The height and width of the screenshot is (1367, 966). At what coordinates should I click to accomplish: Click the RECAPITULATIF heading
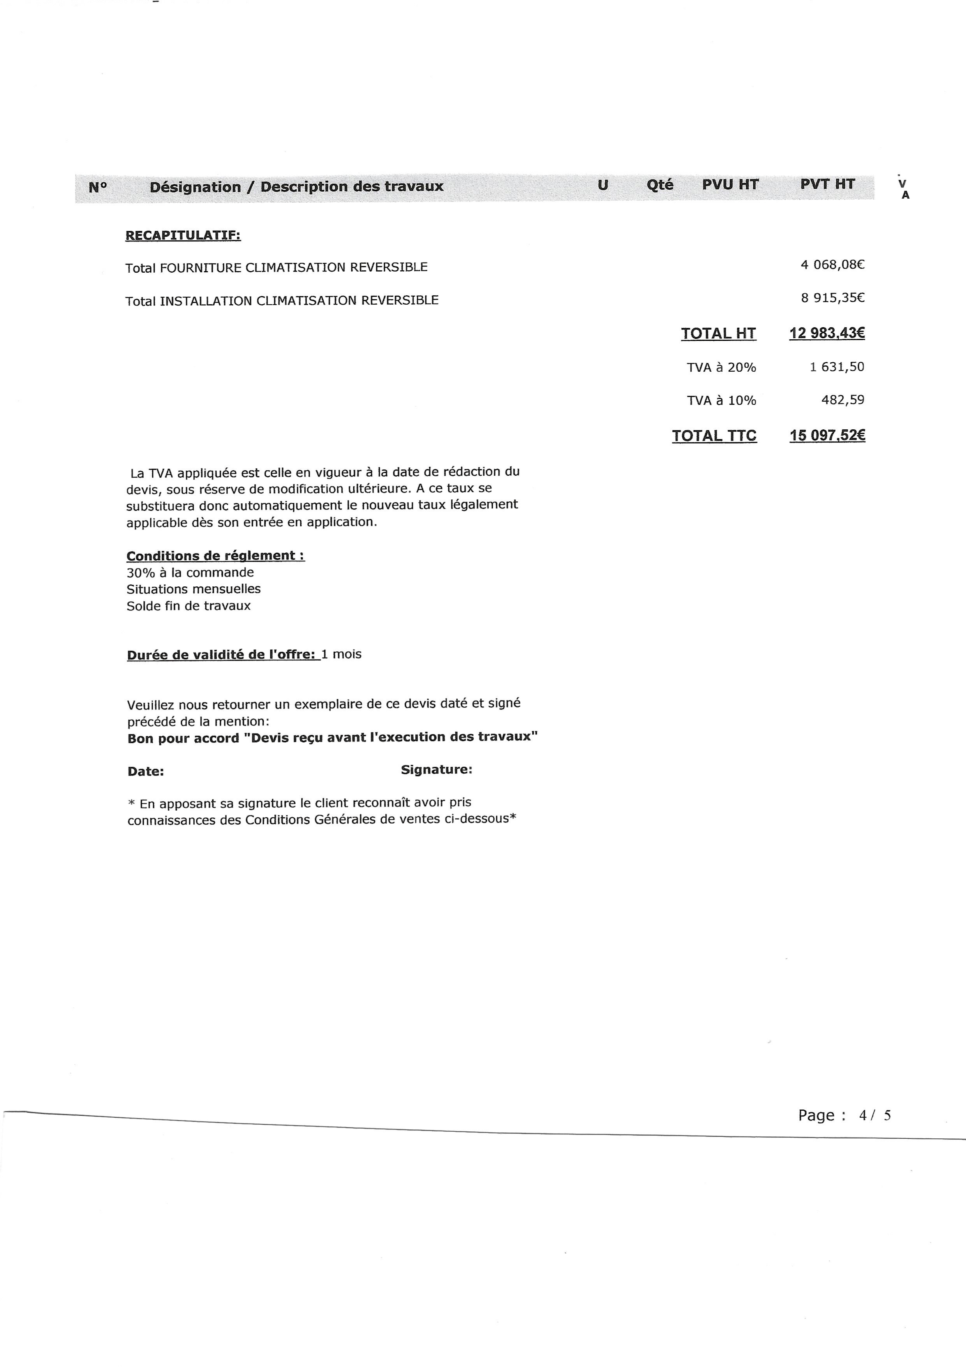[x=183, y=235]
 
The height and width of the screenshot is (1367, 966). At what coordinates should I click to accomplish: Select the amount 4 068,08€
[x=832, y=265]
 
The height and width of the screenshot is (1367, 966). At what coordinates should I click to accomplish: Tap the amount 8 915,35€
[x=832, y=298]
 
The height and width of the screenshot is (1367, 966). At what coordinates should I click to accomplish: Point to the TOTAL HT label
[x=718, y=333]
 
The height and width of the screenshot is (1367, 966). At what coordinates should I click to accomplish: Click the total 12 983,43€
[x=827, y=333]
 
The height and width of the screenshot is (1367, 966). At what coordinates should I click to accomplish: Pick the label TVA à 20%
[x=721, y=367]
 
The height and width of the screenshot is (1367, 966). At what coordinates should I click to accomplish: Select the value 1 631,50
[x=836, y=367]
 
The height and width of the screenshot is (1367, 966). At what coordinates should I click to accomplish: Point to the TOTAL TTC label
[x=714, y=436]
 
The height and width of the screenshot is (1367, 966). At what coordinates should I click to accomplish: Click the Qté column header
[x=659, y=185]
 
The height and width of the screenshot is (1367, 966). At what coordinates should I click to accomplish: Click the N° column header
[x=98, y=187]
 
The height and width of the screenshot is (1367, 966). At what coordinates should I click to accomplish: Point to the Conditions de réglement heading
[x=215, y=556]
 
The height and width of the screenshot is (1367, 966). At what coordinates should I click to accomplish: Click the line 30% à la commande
[x=190, y=572]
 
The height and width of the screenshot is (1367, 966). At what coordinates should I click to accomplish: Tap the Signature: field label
[x=436, y=769]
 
